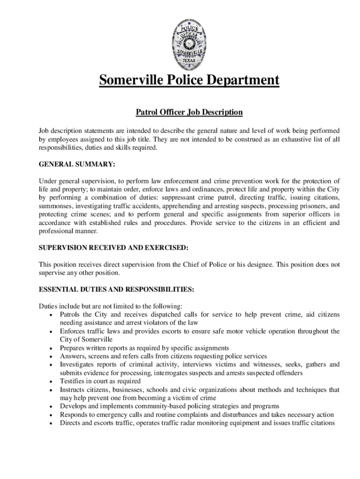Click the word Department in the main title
click(237, 80)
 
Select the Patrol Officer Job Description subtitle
click(189, 112)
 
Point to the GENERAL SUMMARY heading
click(77, 165)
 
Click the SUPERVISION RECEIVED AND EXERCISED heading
click(114, 247)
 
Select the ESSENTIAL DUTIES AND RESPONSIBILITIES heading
click(116, 290)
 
